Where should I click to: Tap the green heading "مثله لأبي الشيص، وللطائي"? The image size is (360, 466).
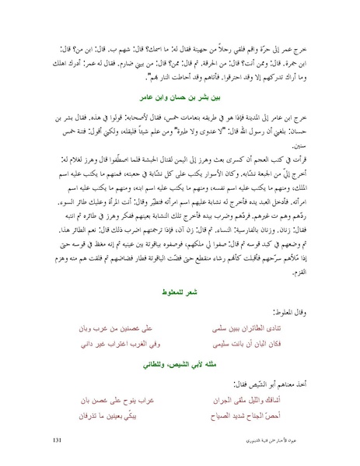(x=180, y=363)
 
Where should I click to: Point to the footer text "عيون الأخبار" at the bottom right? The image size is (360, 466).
(x=276, y=440)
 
